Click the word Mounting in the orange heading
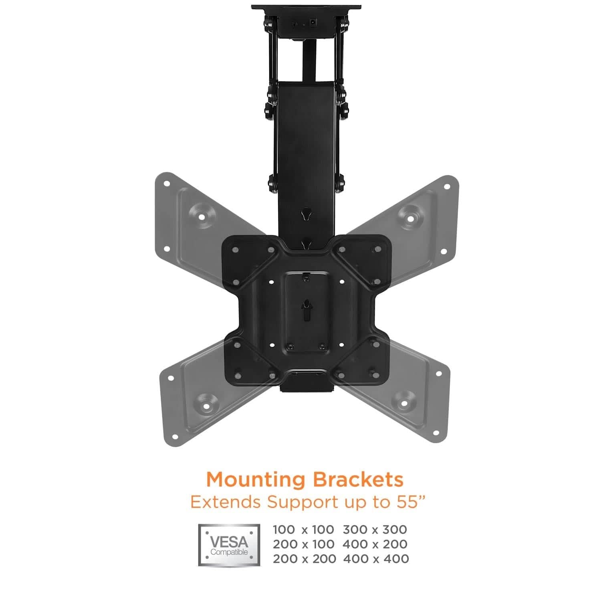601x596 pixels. point(256,480)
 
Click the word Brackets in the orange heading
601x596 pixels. point(359,479)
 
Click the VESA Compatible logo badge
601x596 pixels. point(229,545)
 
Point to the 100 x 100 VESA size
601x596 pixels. point(303,529)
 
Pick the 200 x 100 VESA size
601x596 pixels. point(303,544)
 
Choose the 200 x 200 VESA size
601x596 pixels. point(304,559)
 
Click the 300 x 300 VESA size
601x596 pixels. point(375,529)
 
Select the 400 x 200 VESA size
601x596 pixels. point(375,544)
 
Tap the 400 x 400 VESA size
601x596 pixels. point(376,559)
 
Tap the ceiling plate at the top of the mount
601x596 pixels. point(307,8)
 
